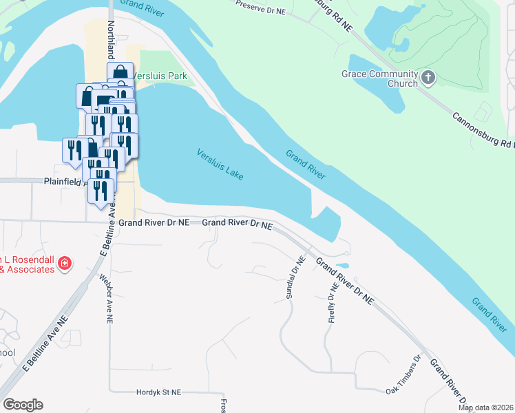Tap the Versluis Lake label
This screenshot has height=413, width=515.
coord(220,165)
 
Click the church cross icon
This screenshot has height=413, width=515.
coord(428,77)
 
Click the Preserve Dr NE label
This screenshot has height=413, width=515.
coord(262,6)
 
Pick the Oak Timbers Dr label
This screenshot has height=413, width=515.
coord(403,375)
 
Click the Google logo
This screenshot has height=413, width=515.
coord(23,404)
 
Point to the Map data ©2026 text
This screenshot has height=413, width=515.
coord(485,407)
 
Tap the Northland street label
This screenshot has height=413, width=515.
coord(111,38)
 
